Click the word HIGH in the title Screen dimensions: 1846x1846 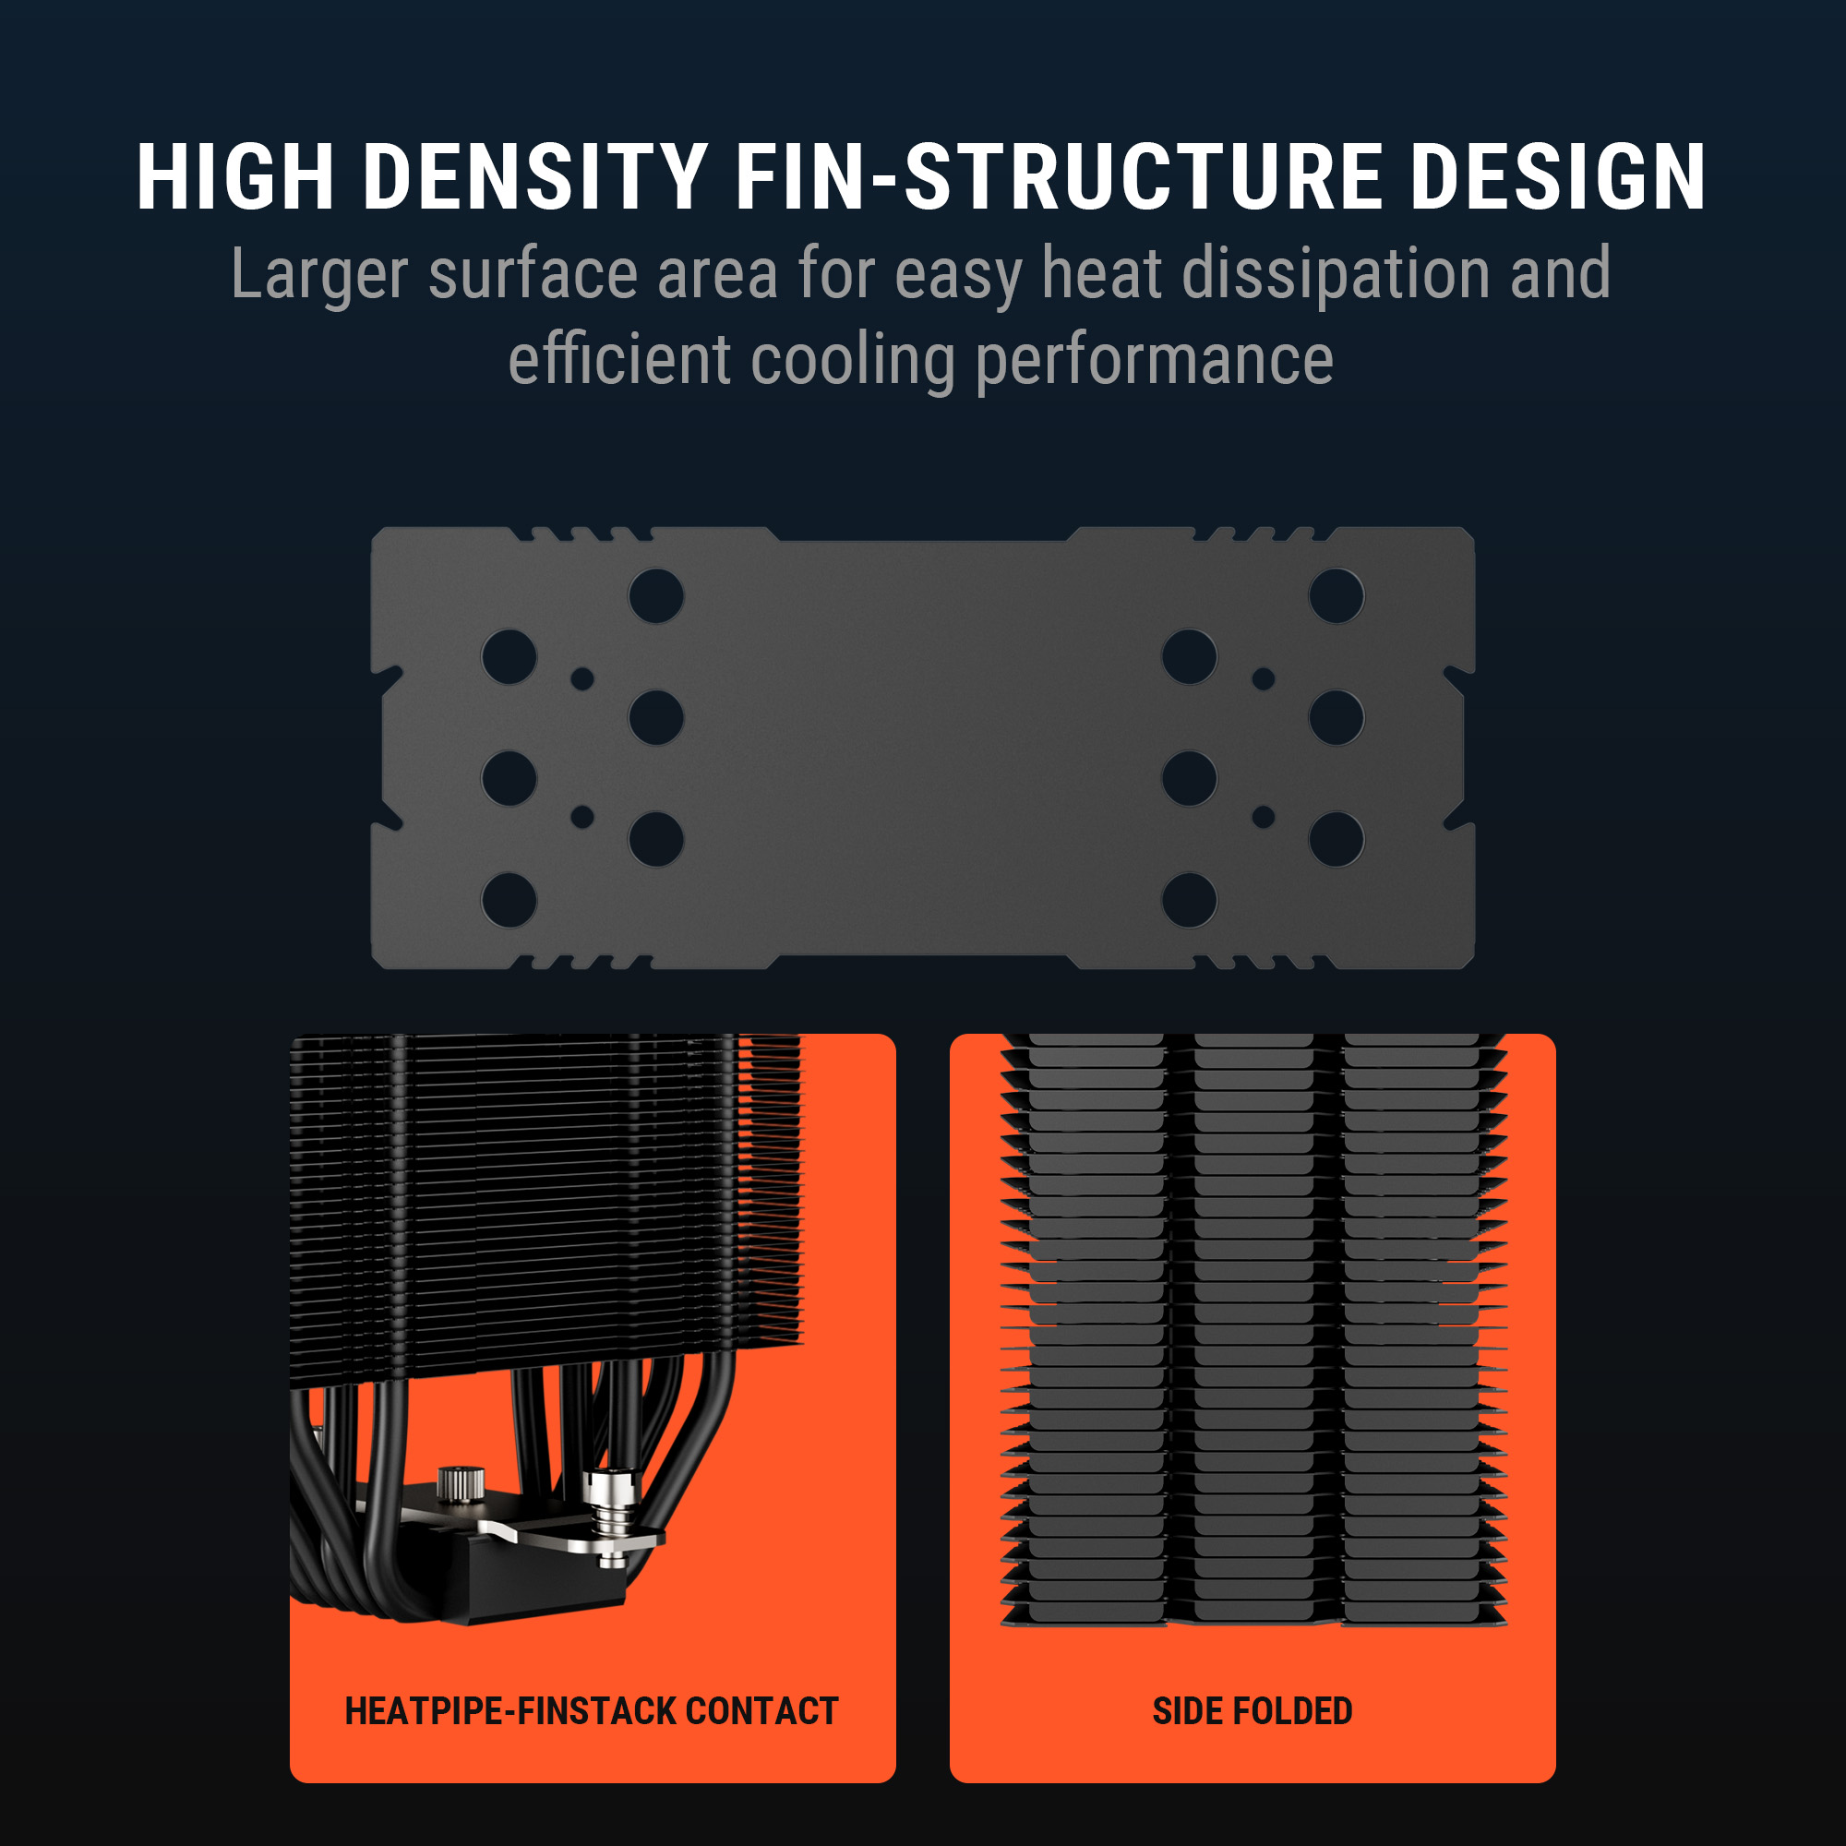235,177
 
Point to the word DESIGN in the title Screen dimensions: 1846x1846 1558,177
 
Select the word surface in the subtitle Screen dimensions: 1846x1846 533,274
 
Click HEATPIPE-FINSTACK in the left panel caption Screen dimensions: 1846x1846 510,1711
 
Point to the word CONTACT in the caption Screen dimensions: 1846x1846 761,1711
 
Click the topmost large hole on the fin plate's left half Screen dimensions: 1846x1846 656,596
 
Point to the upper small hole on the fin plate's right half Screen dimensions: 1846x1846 1264,678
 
